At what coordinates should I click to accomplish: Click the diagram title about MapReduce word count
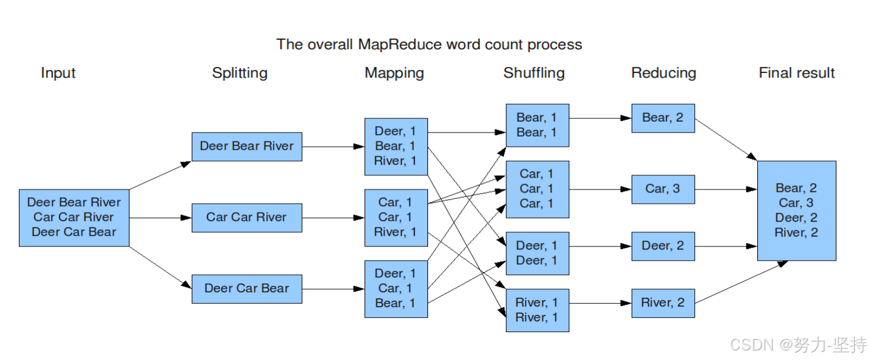(429, 45)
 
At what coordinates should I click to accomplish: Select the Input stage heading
(58, 73)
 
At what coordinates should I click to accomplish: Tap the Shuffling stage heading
(534, 73)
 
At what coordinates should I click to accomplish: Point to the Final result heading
(796, 73)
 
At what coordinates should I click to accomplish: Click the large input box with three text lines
(74, 217)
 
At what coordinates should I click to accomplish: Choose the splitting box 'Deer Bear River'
(247, 146)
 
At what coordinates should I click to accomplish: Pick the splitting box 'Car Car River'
(247, 217)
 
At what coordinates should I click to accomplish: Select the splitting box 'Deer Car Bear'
(247, 289)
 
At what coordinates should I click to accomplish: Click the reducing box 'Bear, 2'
(663, 118)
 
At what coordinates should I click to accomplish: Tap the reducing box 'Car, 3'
(663, 189)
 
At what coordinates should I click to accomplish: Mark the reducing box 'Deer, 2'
(663, 246)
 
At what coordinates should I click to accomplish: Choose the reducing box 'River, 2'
(663, 303)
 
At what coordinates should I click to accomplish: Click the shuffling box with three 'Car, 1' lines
(537, 189)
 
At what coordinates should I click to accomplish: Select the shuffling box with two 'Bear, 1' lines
(537, 125)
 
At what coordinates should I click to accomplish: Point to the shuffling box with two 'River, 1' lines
(537, 310)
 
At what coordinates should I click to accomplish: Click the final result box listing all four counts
(796, 210)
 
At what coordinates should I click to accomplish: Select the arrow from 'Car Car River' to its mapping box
(333, 218)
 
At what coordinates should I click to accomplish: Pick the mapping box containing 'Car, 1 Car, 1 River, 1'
(396, 217)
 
